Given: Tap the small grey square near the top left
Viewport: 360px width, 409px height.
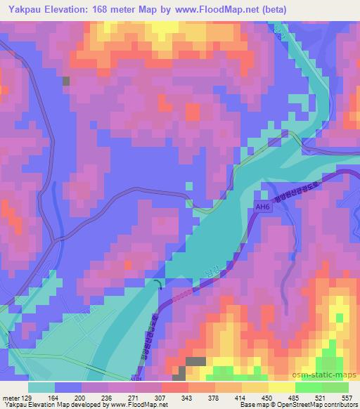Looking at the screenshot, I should click(67, 81).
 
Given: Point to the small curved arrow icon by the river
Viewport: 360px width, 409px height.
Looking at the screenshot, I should click(157, 283).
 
